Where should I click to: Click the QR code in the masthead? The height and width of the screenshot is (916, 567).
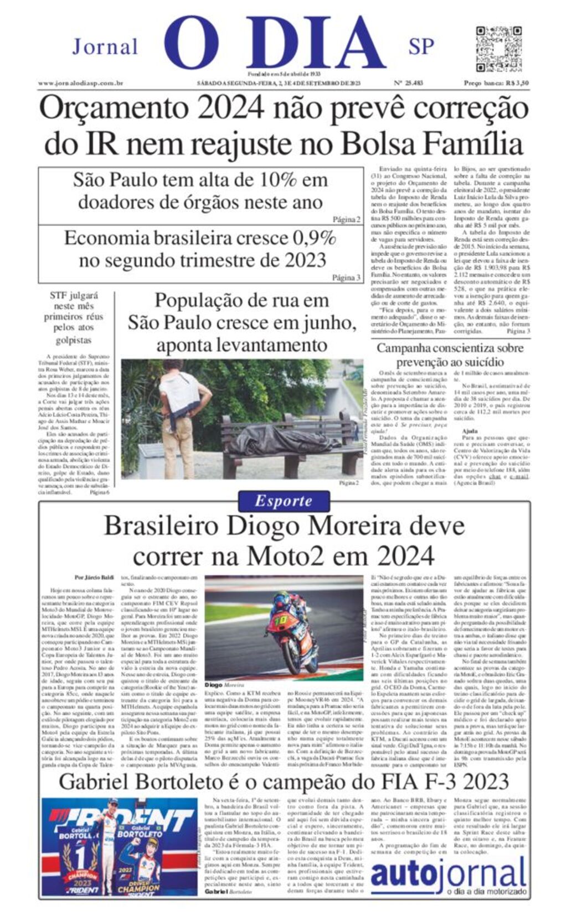(498, 48)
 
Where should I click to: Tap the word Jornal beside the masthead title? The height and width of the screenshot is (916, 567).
(105, 47)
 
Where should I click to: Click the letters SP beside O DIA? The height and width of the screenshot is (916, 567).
(421, 47)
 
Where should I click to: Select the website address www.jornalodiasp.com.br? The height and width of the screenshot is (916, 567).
(80, 83)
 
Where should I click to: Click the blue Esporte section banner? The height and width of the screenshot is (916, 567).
(283, 501)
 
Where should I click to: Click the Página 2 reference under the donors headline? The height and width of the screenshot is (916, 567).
(347, 220)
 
